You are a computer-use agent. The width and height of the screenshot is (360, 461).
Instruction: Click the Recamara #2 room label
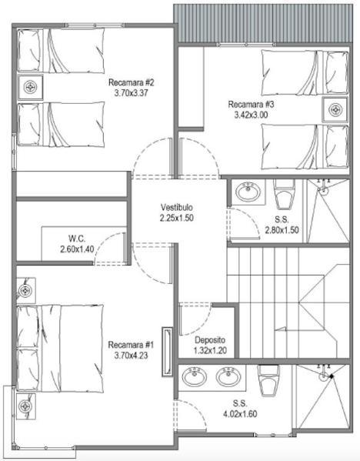point(131,82)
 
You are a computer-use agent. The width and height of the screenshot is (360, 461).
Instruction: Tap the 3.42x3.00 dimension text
point(251,115)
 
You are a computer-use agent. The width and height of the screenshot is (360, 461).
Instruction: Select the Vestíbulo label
point(177,207)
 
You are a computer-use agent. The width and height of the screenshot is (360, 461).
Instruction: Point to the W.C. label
point(77,238)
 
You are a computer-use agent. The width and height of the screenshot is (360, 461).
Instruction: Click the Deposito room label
point(210,340)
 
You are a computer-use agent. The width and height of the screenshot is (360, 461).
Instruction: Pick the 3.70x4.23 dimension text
point(131,356)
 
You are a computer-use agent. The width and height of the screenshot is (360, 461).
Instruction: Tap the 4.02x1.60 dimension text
point(240,414)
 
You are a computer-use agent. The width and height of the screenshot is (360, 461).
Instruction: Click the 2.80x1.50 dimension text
point(282,230)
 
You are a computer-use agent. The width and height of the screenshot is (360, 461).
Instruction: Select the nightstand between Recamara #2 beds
point(30,87)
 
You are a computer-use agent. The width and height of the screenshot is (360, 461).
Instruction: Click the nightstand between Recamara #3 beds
point(335,109)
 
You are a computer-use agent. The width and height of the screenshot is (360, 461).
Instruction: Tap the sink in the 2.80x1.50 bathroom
point(248,192)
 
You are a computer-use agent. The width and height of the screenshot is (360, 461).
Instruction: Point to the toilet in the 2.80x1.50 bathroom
point(284,194)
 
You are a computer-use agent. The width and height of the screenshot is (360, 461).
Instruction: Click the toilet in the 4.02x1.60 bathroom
point(268,380)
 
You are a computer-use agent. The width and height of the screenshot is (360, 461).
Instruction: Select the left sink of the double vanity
point(195,376)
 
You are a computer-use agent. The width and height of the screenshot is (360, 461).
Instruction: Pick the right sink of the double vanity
point(228,376)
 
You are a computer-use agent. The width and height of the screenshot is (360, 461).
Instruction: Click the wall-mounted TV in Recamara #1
point(167,352)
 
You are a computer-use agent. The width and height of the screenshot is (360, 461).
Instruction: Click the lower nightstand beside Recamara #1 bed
point(26,406)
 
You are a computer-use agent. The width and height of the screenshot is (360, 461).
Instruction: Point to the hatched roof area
point(263,23)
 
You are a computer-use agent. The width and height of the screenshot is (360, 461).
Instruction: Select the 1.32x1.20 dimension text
point(210,350)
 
